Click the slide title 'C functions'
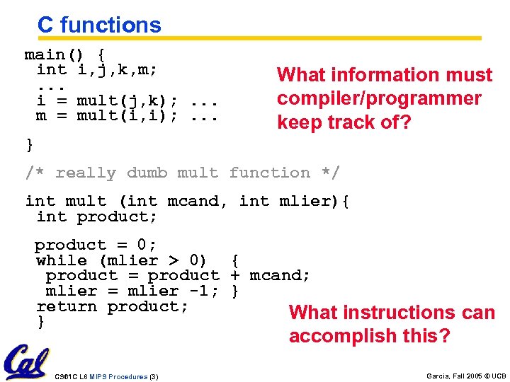(99, 25)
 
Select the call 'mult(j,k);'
(127, 100)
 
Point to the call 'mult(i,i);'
(127, 115)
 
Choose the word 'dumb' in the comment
(147, 173)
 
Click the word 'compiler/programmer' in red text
(379, 99)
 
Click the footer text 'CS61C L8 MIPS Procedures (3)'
(106, 376)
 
